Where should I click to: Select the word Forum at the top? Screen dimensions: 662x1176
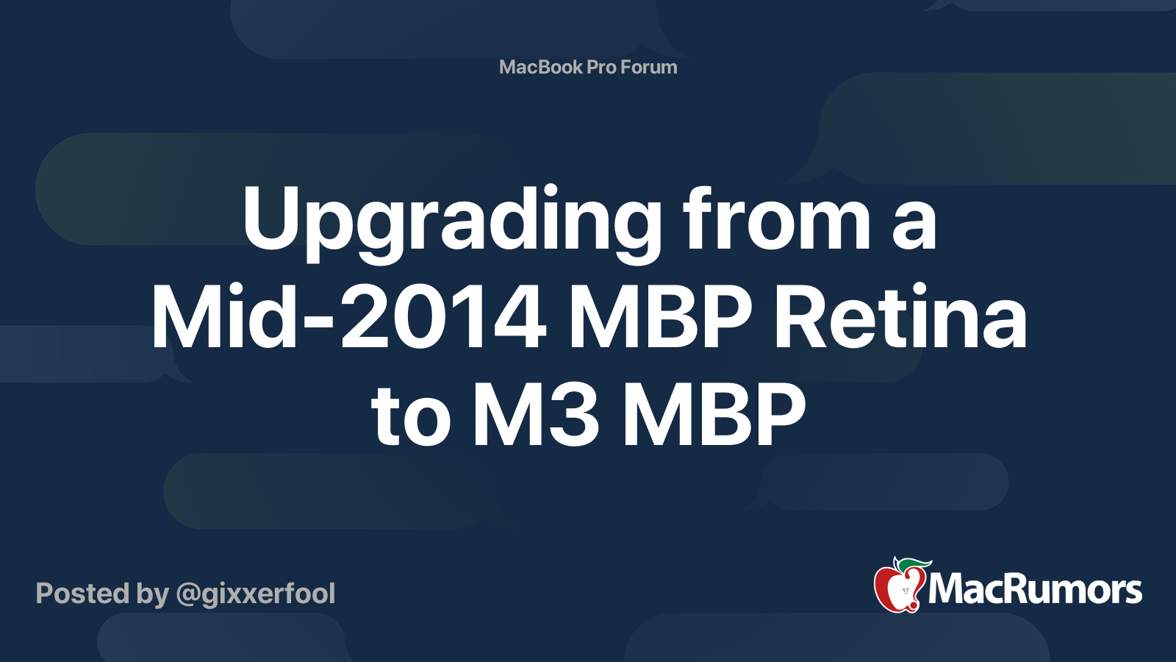[649, 67]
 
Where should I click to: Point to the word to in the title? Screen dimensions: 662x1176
[410, 417]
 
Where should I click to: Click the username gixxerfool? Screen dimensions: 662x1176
[268, 594]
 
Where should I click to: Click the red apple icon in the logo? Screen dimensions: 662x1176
[897, 588]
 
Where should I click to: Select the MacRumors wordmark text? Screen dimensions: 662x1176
[1035, 590]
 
